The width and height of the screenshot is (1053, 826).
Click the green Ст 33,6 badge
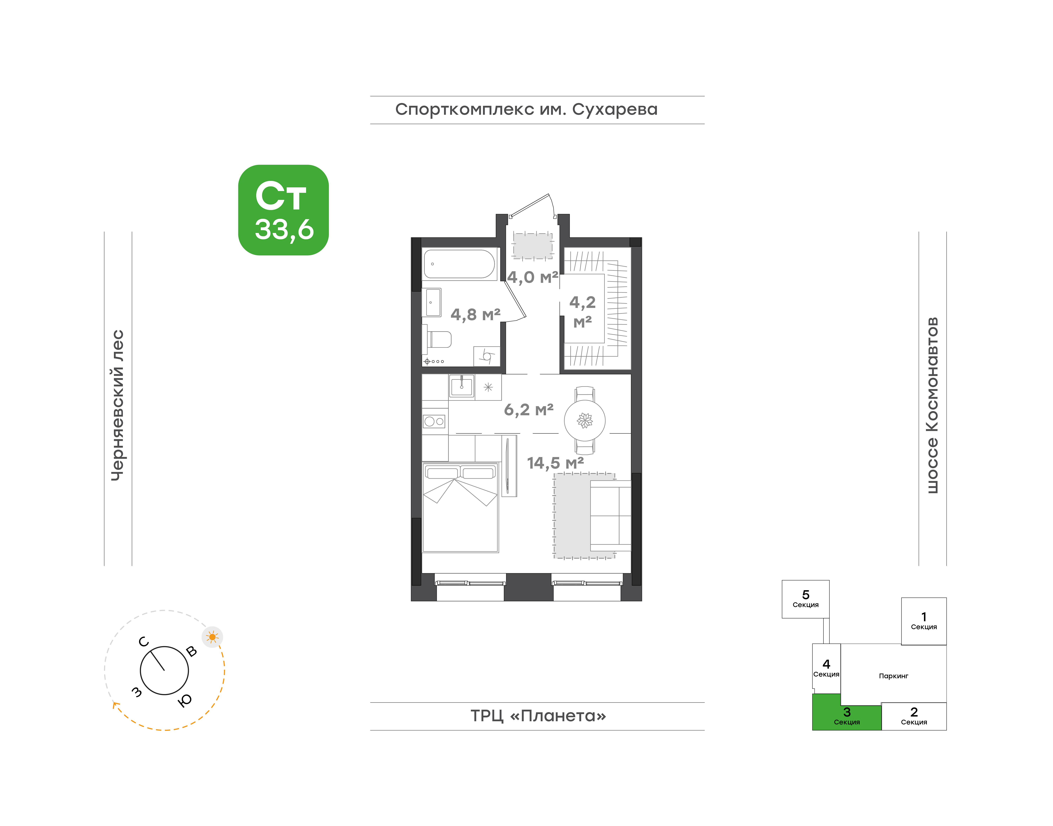pyautogui.click(x=283, y=210)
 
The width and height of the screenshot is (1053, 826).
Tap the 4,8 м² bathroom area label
pyautogui.click(x=475, y=315)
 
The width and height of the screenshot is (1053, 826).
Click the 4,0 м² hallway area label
pyautogui.click(x=532, y=277)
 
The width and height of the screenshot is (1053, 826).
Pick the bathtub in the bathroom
pyautogui.click(x=459, y=264)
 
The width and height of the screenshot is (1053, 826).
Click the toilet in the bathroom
pyautogui.click(x=438, y=339)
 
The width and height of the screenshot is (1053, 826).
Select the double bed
pyautogui.click(x=461, y=507)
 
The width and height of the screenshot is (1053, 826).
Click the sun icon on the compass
pyautogui.click(x=212, y=637)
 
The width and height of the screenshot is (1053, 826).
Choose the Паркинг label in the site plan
pyautogui.click(x=893, y=676)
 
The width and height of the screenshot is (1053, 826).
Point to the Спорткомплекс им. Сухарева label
pyautogui.click(x=526, y=109)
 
